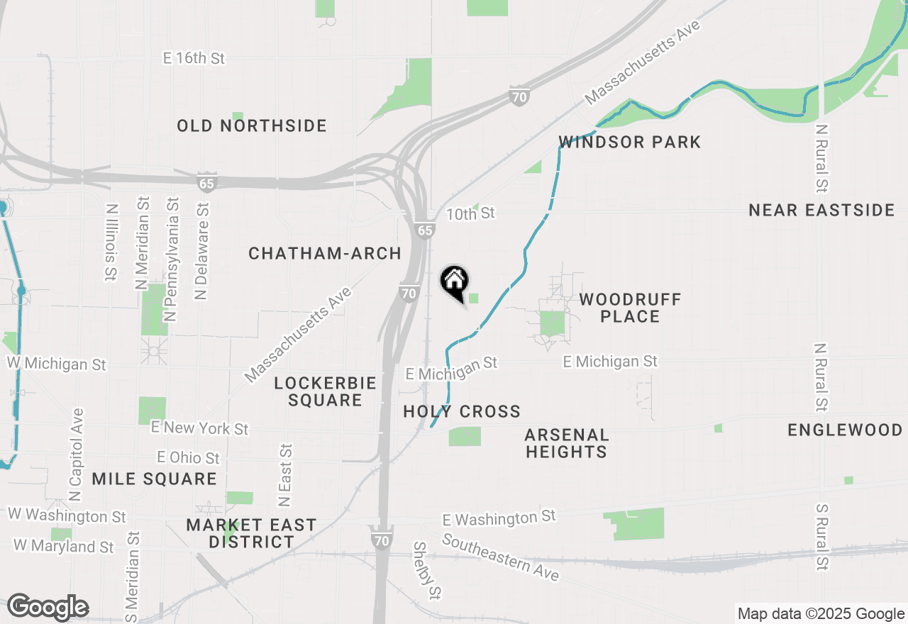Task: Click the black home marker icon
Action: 455,282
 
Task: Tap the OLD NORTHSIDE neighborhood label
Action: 252,126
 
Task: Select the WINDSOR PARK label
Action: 630,142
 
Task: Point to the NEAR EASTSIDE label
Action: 822,210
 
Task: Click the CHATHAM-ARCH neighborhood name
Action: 325,253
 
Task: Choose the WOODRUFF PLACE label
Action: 630,308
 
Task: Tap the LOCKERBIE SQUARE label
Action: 325,391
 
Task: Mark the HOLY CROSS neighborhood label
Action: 462,411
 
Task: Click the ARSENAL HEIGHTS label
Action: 566,443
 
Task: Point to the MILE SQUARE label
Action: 154,479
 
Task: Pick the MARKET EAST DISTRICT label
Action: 251,533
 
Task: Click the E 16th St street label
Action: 194,58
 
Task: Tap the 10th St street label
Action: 470,213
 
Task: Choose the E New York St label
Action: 199,428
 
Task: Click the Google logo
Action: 48,607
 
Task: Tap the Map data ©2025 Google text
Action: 820,614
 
